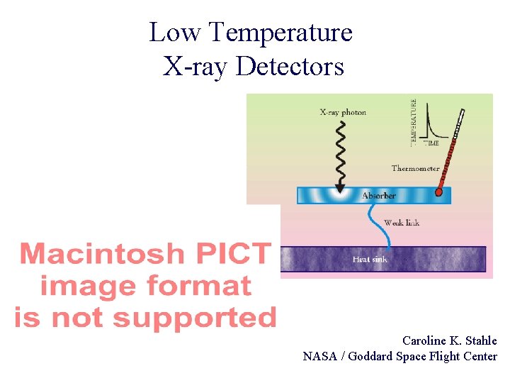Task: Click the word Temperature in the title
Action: [281, 32]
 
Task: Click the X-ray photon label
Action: [343, 112]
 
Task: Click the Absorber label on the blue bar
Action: [379, 195]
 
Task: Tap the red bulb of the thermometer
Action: [438, 191]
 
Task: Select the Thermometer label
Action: [416, 168]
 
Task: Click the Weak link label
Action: [402, 223]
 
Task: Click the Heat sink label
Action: [370, 260]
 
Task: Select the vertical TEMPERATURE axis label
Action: [414, 123]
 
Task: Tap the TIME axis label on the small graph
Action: [431, 143]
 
